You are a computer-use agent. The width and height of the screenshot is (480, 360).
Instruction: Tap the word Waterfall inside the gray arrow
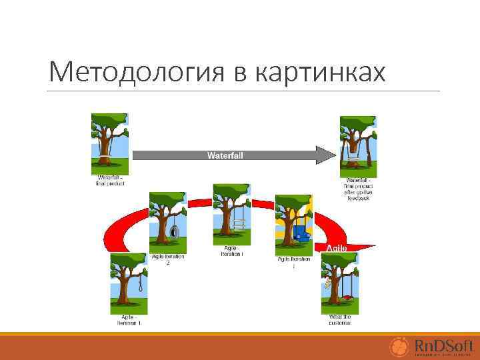(225, 155)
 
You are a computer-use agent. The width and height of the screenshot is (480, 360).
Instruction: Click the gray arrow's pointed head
(327, 155)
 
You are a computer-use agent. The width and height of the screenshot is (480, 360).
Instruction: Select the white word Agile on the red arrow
(336, 248)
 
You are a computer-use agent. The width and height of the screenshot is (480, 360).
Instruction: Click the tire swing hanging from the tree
(174, 231)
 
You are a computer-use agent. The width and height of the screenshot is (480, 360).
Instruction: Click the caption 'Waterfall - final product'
(111, 181)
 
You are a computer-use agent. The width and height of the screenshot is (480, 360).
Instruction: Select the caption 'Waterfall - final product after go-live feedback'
(358, 188)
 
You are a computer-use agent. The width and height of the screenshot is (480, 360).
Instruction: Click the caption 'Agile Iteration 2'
(168, 259)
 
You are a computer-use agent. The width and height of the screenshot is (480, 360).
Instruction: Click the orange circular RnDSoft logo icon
(399, 347)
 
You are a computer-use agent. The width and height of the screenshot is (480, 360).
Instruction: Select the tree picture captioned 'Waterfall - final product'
(109, 144)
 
